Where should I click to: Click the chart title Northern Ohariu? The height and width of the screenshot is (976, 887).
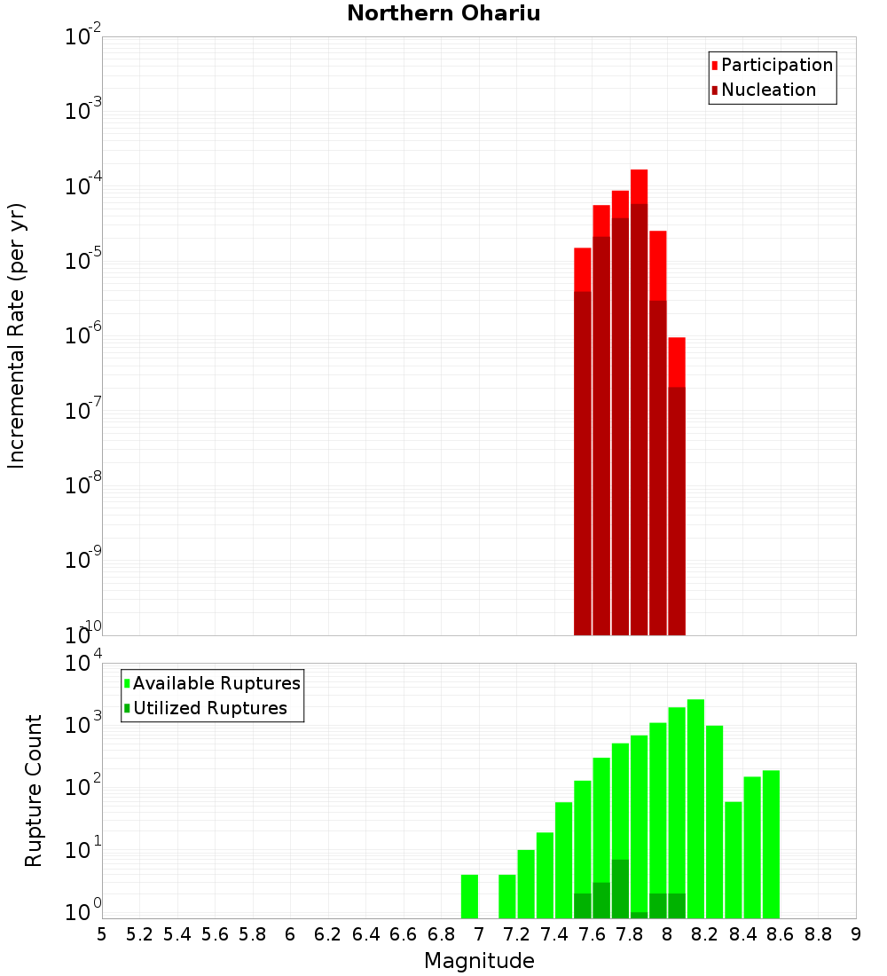tap(443, 13)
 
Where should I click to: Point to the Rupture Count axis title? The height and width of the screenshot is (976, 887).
tap(34, 791)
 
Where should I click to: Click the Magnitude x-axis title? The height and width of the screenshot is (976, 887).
tap(479, 961)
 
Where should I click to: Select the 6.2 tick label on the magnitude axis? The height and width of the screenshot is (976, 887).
tap(328, 934)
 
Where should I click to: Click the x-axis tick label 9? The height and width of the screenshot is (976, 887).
tap(855, 934)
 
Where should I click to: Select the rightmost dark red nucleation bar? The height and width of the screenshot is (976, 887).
tap(676, 510)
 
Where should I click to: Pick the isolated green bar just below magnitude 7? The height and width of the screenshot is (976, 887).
tap(469, 896)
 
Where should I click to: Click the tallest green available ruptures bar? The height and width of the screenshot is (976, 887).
tap(695, 807)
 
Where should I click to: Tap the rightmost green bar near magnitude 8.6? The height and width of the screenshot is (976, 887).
tap(771, 843)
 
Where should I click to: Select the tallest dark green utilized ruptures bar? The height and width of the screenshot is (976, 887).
tap(620, 887)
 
